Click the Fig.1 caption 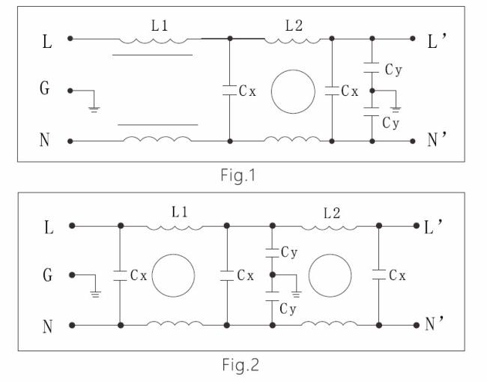pyautogui.click(x=238, y=175)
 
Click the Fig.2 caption pyautogui.click(x=241, y=365)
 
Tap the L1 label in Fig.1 pyautogui.click(x=160, y=25)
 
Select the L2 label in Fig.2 pyautogui.click(x=332, y=213)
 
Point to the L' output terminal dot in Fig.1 pyautogui.click(x=413, y=38)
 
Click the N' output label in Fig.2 pyautogui.click(x=435, y=324)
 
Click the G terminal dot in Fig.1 pyautogui.click(x=70, y=91)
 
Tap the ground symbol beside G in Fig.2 pyautogui.click(x=95, y=294)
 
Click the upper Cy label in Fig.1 pyautogui.click(x=393, y=70)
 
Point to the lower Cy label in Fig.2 pyautogui.click(x=288, y=309)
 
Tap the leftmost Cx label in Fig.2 pyautogui.click(x=139, y=275)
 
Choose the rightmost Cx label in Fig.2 pyautogui.click(x=397, y=275)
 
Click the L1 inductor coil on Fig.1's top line pyautogui.click(x=154, y=40)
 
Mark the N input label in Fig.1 pyautogui.click(x=45, y=140)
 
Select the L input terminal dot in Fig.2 pyautogui.click(x=72, y=225)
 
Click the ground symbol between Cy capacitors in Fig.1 pyautogui.click(x=396, y=109)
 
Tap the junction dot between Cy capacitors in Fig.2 pyautogui.click(x=273, y=275)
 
